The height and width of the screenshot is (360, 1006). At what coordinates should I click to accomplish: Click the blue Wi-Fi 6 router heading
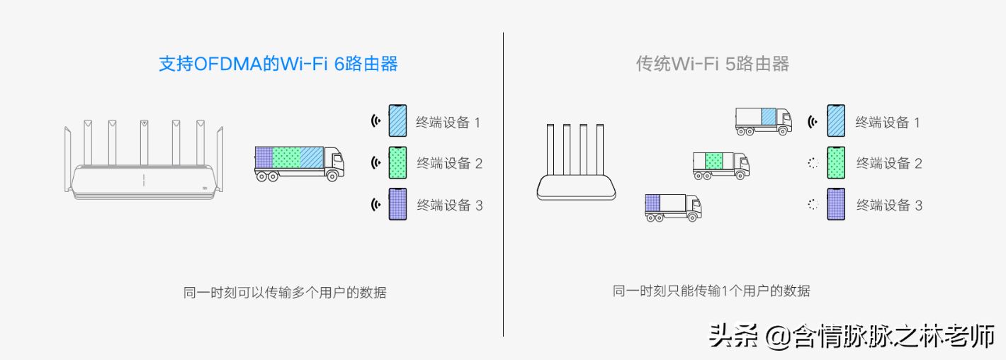pos(278,64)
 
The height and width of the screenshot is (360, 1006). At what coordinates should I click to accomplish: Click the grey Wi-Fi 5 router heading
pos(712,64)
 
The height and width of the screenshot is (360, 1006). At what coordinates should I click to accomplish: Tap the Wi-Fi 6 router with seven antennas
pos(144,159)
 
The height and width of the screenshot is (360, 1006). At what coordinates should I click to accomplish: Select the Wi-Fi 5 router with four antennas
pos(576,162)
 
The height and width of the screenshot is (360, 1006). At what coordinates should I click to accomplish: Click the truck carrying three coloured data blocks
pos(300,164)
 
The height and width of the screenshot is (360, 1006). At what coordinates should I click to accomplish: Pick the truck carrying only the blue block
pos(764,121)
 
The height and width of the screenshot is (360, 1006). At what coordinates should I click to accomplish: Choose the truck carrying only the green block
pos(720,166)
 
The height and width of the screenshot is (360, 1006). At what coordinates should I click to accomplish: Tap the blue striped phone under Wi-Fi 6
pos(397,121)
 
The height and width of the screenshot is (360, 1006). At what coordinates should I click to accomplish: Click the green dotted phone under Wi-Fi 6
pos(397,163)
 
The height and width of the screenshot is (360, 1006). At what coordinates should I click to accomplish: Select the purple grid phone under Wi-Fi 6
pos(397,204)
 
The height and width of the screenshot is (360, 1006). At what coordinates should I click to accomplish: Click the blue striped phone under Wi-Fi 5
pos(836,121)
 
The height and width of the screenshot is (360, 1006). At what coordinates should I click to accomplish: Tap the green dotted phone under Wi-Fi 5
pos(836,163)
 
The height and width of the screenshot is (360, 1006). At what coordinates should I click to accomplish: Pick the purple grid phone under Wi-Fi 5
pos(836,204)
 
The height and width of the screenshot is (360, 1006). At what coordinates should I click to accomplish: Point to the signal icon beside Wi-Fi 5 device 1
pos(813,121)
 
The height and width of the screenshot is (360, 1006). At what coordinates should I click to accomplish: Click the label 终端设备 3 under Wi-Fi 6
pos(450,206)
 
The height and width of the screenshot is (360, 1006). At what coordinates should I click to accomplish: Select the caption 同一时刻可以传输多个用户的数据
pos(285,293)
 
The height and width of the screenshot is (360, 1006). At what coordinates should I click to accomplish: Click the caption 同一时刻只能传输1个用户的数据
pos(711,291)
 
